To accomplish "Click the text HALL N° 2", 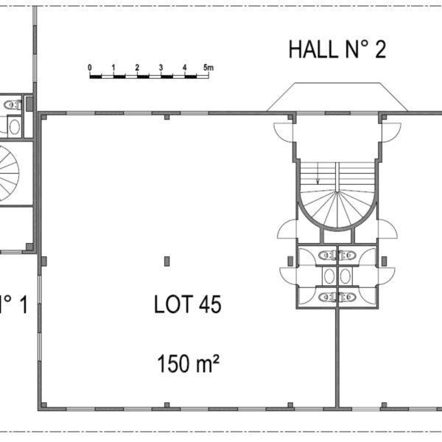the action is [x=337, y=49].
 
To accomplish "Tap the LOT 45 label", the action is [x=188, y=304].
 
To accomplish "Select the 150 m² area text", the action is [x=189, y=363].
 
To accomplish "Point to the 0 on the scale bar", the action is [x=90, y=68].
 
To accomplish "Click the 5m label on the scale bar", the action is [x=208, y=68].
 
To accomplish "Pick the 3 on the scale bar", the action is [x=161, y=68].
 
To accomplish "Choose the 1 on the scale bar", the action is [x=113, y=68].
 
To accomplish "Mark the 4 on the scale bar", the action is [x=185, y=68].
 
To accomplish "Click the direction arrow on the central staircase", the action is [x=318, y=173].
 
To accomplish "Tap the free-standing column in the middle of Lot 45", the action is [x=167, y=262].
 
